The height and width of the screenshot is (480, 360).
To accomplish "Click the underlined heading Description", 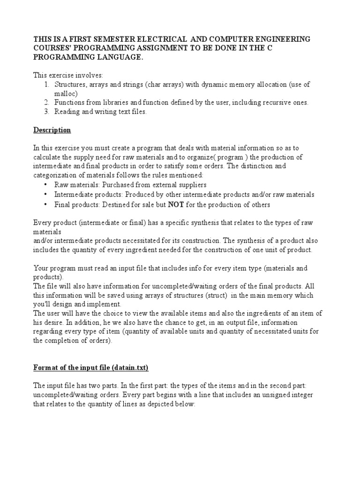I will pos(52,130).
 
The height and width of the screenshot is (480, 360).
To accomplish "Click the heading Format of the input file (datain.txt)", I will pos(90,368).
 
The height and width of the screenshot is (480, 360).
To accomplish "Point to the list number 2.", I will pos(47,102).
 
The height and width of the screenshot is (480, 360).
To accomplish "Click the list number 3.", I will pos(47,112).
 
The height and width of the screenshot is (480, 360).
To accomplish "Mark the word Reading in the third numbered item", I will pos(68,112).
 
